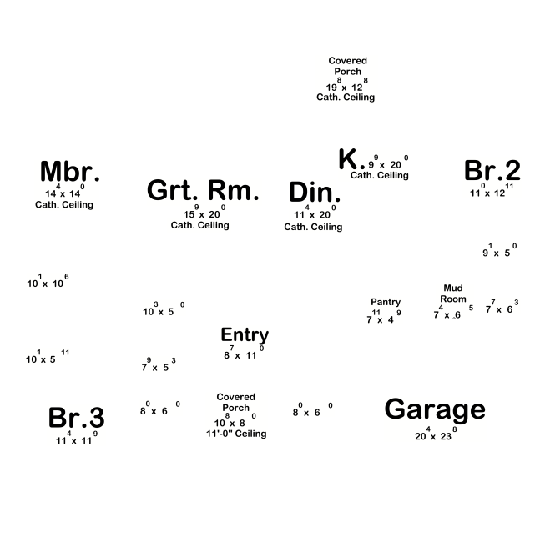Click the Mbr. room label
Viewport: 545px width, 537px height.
[70, 172]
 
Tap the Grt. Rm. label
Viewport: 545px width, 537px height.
[203, 190]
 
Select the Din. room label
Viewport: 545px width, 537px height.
[315, 193]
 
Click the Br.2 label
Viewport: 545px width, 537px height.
[492, 171]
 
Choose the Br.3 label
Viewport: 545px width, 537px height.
[76, 418]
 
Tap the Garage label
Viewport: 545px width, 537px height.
[434, 409]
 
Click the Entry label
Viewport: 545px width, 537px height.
[245, 335]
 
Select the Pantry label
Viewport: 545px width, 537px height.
[386, 302]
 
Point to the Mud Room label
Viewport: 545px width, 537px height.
[453, 294]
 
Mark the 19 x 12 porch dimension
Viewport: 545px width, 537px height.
[346, 86]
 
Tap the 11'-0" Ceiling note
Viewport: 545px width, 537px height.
[236, 434]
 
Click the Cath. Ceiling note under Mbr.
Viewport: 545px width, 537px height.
[64, 205]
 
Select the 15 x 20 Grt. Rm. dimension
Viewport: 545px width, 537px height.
[199, 213]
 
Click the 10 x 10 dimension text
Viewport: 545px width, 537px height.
[48, 283]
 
